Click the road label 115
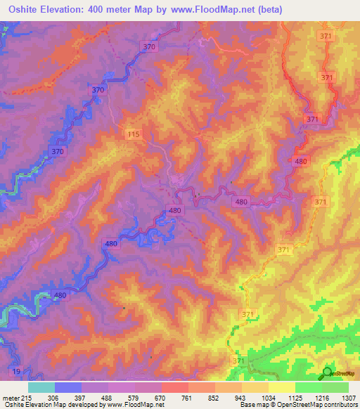[134, 134]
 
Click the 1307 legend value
[349, 397]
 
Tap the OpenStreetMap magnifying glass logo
[328, 373]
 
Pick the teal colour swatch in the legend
[41, 387]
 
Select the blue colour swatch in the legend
[68, 387]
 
